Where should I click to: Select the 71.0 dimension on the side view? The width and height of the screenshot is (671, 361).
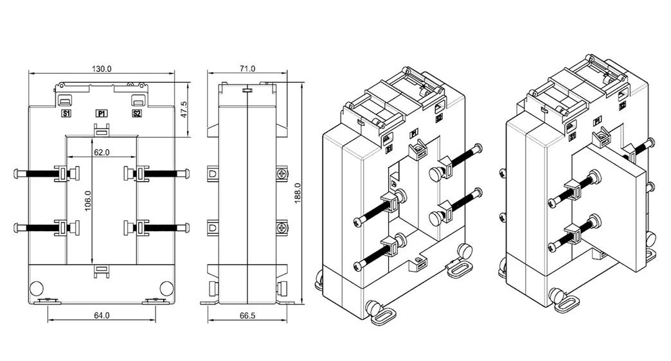pos(247,69)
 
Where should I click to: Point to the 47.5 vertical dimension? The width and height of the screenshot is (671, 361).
pos(184,109)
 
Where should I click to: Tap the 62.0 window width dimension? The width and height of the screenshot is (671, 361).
pos(102,153)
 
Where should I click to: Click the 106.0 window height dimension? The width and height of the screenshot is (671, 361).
pos(87,200)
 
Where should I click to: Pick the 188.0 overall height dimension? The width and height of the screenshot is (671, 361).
pos(297,193)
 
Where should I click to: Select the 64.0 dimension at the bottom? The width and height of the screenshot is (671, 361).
pos(102,315)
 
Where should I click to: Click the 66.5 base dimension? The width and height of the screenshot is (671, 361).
pos(247,315)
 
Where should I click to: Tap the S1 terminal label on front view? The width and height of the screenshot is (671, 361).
pos(66,114)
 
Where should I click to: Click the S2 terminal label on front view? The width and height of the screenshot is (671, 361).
pos(137,114)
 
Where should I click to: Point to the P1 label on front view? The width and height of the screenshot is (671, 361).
pos(102,114)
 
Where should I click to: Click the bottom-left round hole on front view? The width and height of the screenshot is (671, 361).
pos(38,287)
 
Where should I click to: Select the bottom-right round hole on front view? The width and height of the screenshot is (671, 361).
pos(166,287)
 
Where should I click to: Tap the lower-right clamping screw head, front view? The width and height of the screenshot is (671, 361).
pos(187,227)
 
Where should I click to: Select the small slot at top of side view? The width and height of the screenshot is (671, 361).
pos(247,91)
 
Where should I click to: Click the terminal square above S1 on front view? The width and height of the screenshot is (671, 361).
pos(66,101)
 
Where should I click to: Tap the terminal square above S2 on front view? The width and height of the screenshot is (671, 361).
pos(138,101)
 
